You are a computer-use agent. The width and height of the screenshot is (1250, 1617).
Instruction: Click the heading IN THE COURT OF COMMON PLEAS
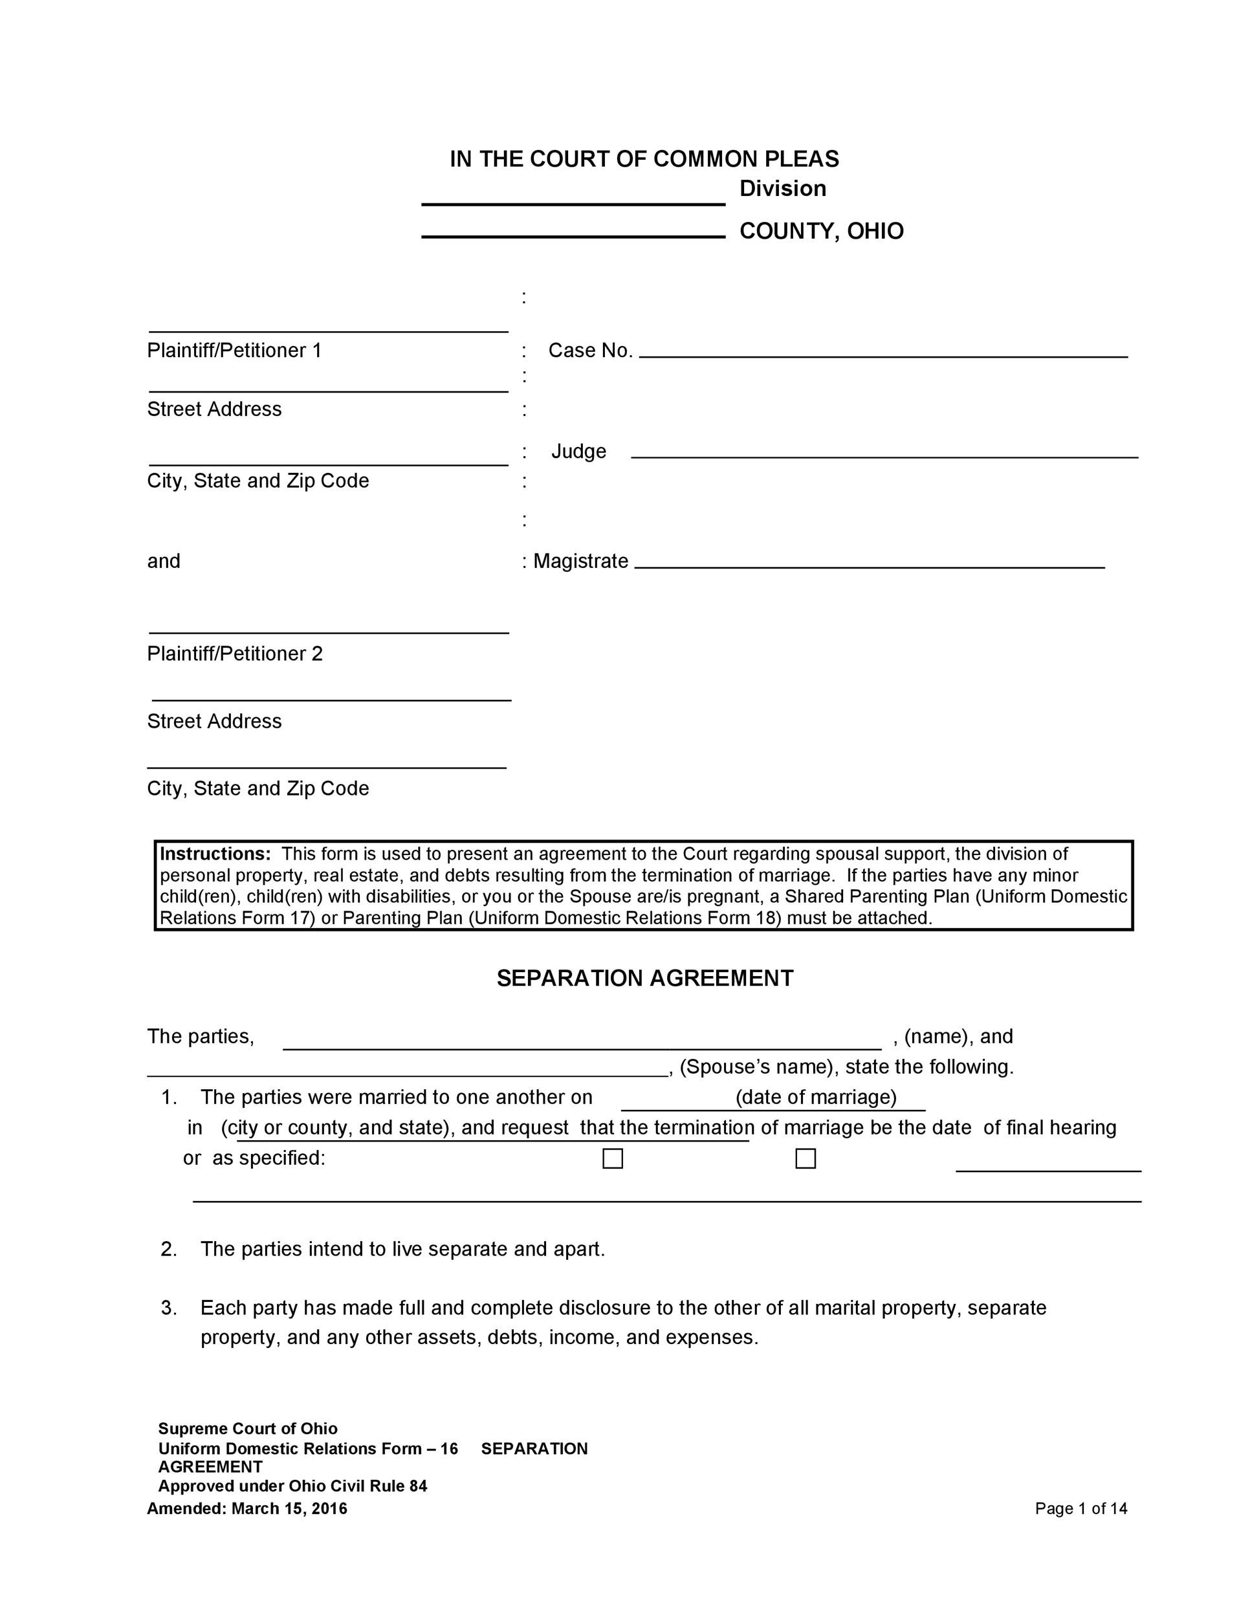(x=644, y=159)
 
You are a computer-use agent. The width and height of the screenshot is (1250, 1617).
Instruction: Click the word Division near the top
(x=783, y=189)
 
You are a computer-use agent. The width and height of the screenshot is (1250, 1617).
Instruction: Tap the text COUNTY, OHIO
(x=821, y=232)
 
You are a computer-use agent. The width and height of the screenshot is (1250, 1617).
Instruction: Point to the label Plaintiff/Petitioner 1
(x=234, y=350)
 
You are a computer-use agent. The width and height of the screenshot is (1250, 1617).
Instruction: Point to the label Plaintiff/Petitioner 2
(x=235, y=654)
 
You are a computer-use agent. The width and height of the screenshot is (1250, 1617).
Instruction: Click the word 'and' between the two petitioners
(x=164, y=561)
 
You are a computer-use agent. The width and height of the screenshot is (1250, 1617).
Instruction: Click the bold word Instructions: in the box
(x=215, y=854)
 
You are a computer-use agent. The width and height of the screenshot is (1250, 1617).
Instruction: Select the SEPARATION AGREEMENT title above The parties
(x=644, y=978)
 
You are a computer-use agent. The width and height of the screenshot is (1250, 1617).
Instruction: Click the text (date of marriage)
(x=815, y=1096)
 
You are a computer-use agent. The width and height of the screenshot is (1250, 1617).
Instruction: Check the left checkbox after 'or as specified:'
(x=613, y=1158)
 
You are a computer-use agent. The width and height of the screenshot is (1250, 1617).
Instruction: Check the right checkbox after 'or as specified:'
(x=805, y=1158)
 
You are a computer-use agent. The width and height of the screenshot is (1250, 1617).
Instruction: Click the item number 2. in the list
(x=169, y=1249)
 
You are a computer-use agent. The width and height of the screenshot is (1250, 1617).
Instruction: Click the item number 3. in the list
(x=169, y=1308)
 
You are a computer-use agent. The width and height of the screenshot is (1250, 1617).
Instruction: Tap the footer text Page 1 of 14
(x=1080, y=1508)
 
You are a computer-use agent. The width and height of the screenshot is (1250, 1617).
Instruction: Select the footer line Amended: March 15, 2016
(x=247, y=1509)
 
